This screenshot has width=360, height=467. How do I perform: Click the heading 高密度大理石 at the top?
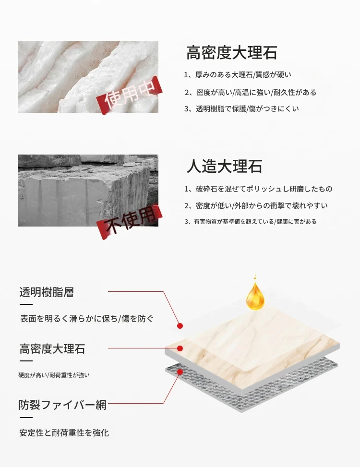(x=232, y=53)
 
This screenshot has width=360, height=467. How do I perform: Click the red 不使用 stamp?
(x=130, y=221)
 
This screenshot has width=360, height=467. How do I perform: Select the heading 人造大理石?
(x=224, y=166)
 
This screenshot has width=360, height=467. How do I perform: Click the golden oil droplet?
(x=255, y=293)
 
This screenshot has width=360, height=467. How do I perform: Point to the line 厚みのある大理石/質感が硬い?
(x=238, y=74)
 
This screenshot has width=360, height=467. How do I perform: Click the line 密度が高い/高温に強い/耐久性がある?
(x=251, y=92)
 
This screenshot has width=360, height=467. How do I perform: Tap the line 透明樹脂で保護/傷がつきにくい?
(x=241, y=108)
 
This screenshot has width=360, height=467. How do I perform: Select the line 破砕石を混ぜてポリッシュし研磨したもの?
(x=258, y=189)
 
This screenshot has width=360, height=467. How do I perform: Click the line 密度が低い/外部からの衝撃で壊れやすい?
(x=256, y=205)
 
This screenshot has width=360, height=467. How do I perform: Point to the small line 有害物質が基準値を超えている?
(x=234, y=222)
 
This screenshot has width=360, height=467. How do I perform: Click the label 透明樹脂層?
(x=47, y=292)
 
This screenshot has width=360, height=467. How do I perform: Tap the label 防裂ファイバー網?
(x=62, y=405)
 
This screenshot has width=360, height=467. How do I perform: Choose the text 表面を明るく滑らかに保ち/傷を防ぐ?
(x=87, y=319)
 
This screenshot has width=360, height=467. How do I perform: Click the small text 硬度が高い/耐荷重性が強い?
(x=54, y=375)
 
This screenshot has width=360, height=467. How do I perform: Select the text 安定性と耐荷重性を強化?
(x=64, y=433)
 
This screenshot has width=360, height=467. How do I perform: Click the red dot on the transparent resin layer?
(x=180, y=326)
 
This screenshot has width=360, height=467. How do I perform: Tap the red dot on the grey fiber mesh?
(x=180, y=371)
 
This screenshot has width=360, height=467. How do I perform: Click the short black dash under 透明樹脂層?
(x=26, y=304)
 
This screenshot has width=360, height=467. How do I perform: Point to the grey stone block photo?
(x=88, y=191)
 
